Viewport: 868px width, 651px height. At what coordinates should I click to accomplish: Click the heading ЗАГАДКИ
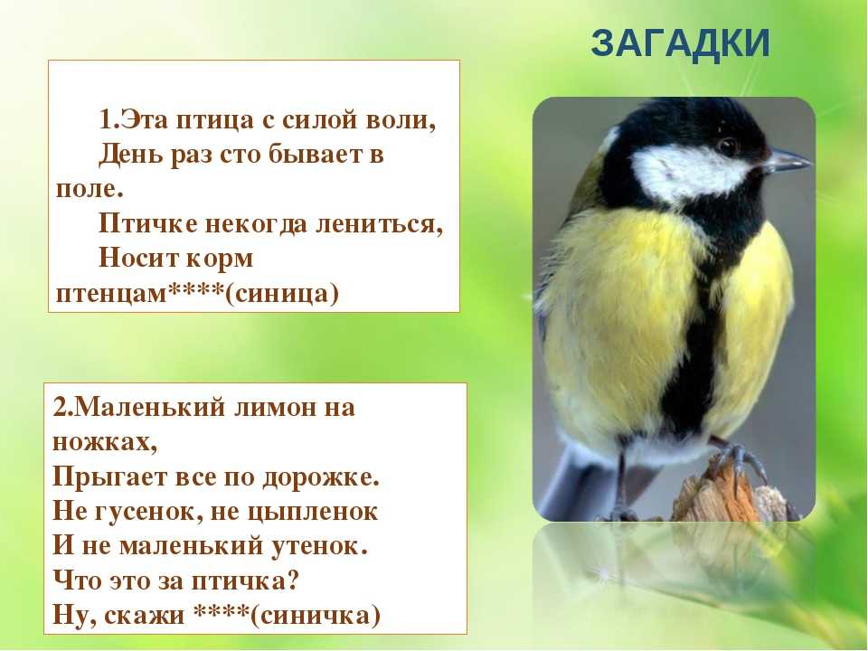click(680, 43)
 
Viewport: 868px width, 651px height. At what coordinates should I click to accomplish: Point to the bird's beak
click(785, 161)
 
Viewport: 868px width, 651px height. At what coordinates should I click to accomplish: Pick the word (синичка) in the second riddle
click(316, 616)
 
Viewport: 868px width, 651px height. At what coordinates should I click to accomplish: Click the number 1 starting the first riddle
click(106, 120)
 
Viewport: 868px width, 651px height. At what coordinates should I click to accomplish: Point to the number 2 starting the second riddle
click(60, 408)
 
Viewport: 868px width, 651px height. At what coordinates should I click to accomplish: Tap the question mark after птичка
click(293, 581)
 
